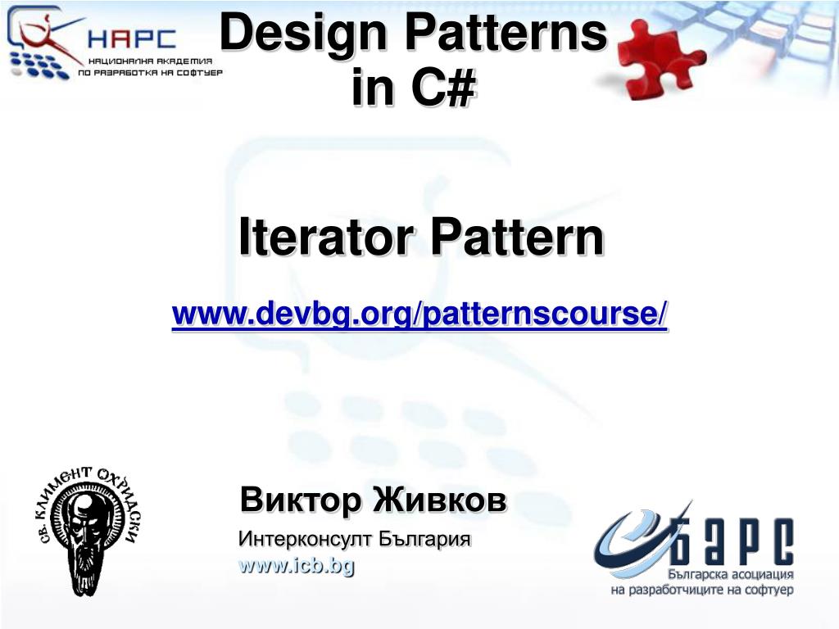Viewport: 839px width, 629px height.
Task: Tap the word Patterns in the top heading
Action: click(x=506, y=32)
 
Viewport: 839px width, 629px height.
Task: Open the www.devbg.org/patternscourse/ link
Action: click(x=419, y=314)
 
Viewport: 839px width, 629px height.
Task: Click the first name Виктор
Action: click(x=301, y=500)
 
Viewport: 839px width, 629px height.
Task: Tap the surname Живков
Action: click(x=439, y=500)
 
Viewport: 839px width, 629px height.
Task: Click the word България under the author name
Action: click(x=424, y=539)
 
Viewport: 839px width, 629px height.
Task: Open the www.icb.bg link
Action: click(x=297, y=566)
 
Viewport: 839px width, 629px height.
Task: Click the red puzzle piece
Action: click(x=660, y=59)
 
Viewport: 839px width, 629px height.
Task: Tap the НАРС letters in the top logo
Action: click(x=132, y=38)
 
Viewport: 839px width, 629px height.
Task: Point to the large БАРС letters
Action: click(x=732, y=541)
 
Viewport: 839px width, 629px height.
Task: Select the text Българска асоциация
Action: click(x=730, y=574)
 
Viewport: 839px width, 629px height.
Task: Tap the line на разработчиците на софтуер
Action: click(x=702, y=591)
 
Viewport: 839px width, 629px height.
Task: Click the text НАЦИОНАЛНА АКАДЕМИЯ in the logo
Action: click(x=151, y=61)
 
